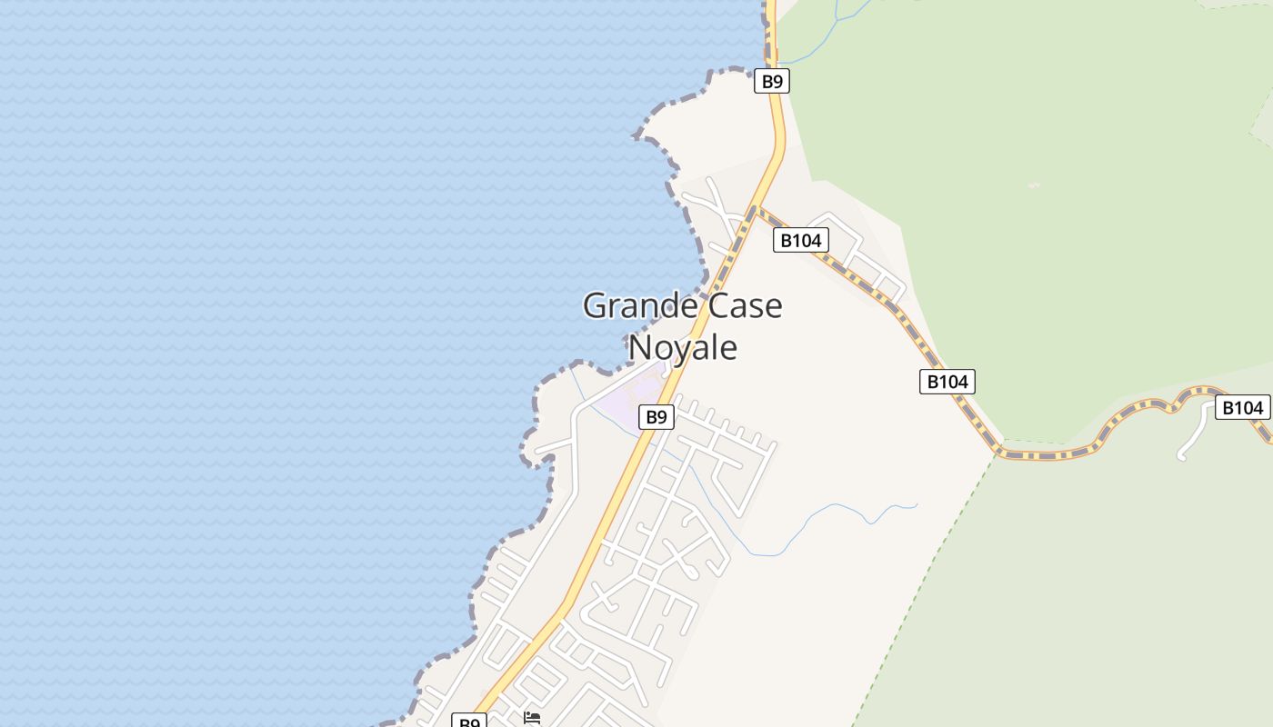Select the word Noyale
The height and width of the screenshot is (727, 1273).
tap(682, 347)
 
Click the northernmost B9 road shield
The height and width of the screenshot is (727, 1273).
tap(772, 81)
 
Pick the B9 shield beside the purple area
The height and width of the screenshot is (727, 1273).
tap(656, 417)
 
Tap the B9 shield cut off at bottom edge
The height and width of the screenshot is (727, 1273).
tap(469, 722)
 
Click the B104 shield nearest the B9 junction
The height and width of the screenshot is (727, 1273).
tap(801, 240)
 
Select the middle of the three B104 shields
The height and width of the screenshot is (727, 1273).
tap(947, 382)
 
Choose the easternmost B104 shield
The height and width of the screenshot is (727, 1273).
tap(1241, 408)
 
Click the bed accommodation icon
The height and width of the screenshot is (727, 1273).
tap(532, 718)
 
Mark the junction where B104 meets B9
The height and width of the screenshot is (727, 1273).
tap(755, 210)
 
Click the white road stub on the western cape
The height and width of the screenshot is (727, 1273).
tap(550, 446)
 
